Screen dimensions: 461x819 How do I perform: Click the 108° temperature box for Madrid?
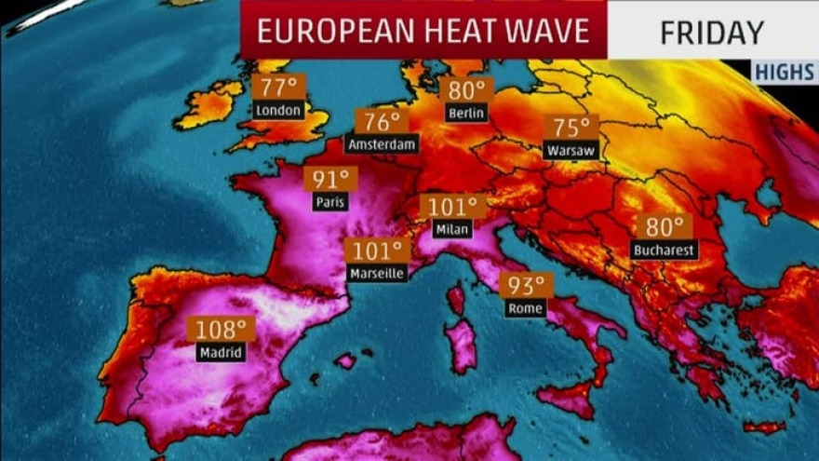[221, 329]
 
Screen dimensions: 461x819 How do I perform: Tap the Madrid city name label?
[221, 352]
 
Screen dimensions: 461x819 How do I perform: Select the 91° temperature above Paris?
[330, 179]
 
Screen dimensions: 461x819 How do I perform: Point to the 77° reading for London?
[278, 88]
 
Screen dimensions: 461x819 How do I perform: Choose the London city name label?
[278, 110]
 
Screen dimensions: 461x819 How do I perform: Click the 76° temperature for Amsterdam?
[382, 121]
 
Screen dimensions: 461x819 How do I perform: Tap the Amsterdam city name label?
[382, 144]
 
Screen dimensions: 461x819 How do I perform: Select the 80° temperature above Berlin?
[466, 89]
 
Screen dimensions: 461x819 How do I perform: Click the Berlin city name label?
[466, 113]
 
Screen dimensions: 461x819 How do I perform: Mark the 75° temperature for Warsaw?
[571, 128]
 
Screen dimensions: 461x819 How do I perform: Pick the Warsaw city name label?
[571, 150]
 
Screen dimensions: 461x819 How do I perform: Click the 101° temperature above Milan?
[453, 206]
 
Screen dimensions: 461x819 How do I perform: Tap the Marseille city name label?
[377, 274]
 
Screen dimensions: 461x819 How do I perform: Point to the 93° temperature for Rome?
[526, 285]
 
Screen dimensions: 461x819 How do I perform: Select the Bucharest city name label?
[664, 250]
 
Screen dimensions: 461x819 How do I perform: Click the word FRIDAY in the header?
[711, 32]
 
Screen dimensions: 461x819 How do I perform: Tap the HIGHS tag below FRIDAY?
[784, 73]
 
